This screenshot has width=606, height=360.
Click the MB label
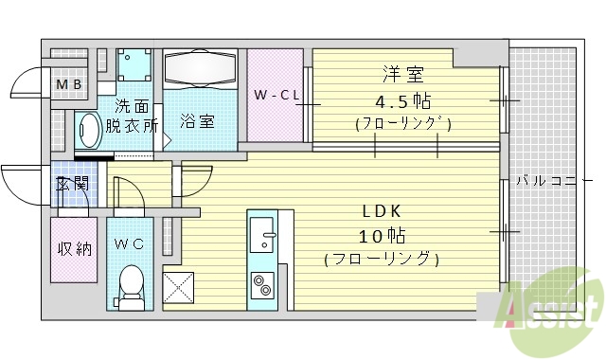[68, 86]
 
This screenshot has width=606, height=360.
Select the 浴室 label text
[197, 120]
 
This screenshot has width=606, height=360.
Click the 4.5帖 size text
[402, 99]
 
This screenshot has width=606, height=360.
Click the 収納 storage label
[74, 249]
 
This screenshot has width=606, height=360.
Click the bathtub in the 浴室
[199, 69]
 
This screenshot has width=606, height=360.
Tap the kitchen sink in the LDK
[261, 231]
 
